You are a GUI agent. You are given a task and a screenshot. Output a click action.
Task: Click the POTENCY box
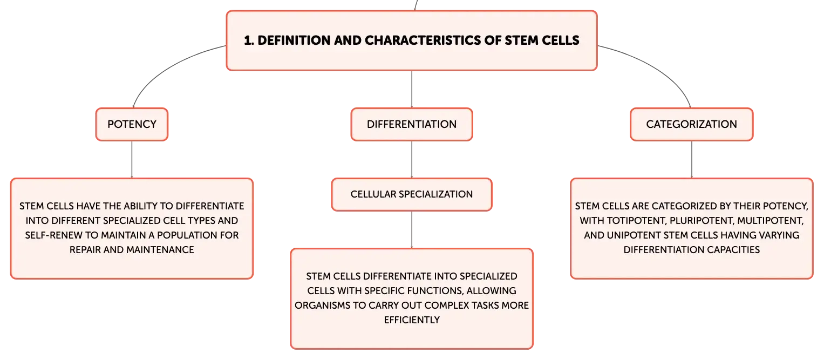(x=132, y=125)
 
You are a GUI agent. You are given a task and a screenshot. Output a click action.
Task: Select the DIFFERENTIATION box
(x=412, y=125)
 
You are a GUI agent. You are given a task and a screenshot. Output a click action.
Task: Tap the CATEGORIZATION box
(x=692, y=125)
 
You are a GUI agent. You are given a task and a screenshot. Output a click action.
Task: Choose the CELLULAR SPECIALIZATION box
(x=412, y=194)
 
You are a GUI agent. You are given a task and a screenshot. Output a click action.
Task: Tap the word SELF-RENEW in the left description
(x=54, y=235)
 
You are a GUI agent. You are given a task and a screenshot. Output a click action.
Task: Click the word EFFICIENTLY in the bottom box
(x=412, y=320)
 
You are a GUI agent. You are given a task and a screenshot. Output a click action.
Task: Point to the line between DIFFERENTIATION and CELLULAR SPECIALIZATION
(x=412, y=159)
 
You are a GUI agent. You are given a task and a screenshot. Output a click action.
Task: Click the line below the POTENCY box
(x=132, y=159)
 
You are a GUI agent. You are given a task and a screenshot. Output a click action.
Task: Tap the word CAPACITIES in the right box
(x=733, y=250)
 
